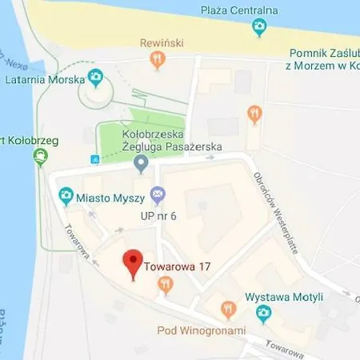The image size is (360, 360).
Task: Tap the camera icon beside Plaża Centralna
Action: [259, 28]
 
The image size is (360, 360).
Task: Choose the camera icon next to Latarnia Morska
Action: [96, 78]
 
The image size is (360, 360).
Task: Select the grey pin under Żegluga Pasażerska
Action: [142, 165]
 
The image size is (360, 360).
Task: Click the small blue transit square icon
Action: [95, 159]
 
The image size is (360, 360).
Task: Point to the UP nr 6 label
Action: [158, 216]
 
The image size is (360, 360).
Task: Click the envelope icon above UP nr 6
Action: [158, 193]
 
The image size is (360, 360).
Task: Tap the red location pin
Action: [132, 262]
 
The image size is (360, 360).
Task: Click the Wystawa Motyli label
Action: [283, 297]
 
